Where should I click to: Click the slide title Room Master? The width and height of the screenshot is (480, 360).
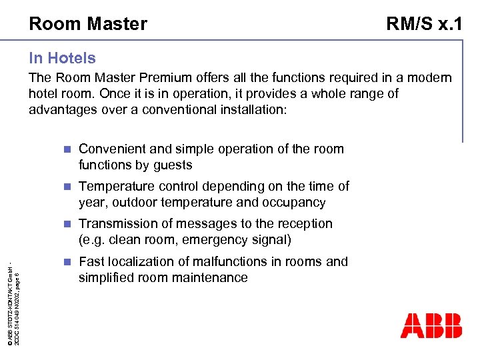coord(88,25)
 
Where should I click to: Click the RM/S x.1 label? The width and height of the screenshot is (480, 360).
coord(425,25)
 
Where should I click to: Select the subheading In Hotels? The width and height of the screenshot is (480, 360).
coord(62,59)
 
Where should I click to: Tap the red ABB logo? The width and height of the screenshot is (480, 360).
coord(431,325)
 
